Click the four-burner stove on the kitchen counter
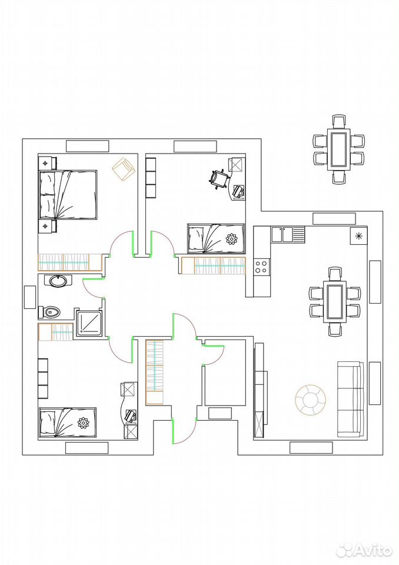pyautogui.click(x=261, y=267)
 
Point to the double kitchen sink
pyautogui.click(x=288, y=234)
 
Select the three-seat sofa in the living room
pyautogui.click(x=350, y=400)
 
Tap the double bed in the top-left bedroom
pyautogui.click(x=68, y=195)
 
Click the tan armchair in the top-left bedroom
pyautogui.click(x=123, y=169)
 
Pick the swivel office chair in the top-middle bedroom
pyautogui.click(x=218, y=179)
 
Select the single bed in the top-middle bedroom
pyautogui.click(x=216, y=238)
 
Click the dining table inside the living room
pyautogui.click(x=335, y=301)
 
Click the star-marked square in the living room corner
pyautogui.click(x=358, y=236)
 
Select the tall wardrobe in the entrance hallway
pyautogui.click(x=155, y=372)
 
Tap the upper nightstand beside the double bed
pyautogui.click(x=47, y=163)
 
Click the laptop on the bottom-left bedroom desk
pyautogui.click(x=131, y=415)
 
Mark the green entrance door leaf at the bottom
pyautogui.click(x=173, y=431)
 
